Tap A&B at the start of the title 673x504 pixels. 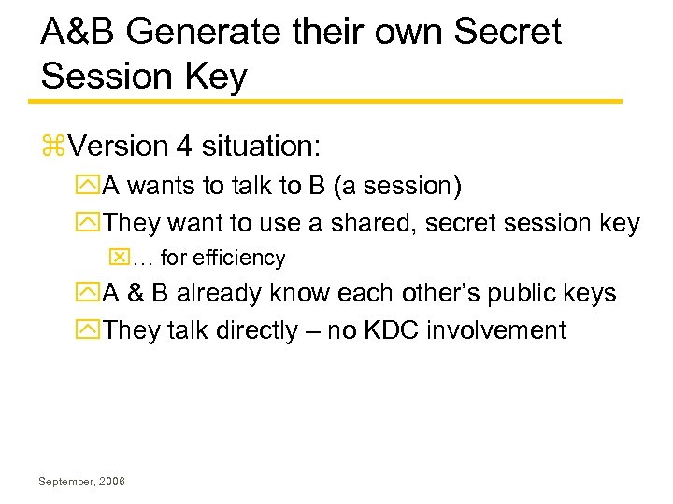(79, 33)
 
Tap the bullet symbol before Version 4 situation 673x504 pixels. (52, 147)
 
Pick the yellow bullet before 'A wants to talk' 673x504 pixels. (92, 187)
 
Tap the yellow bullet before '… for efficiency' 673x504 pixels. (118, 258)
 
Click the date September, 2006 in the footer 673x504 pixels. (82, 482)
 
